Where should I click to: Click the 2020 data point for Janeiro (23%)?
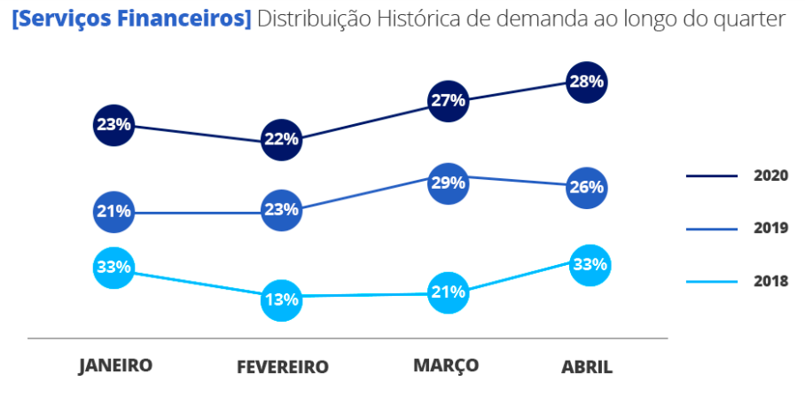(x=113, y=125)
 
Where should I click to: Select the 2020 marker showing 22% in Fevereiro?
(x=281, y=139)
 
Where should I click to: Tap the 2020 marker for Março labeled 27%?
(x=448, y=100)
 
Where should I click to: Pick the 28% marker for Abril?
(x=586, y=82)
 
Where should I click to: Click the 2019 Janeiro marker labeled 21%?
(x=113, y=211)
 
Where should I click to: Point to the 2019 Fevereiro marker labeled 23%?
(x=281, y=210)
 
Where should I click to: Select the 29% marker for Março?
(x=448, y=183)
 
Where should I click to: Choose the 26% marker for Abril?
(x=586, y=187)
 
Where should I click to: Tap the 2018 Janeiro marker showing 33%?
(x=113, y=266)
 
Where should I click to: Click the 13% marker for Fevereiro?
(x=281, y=300)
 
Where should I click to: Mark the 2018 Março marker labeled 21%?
(x=448, y=292)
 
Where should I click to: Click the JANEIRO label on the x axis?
(x=115, y=365)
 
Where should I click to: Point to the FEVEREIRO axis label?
(x=283, y=367)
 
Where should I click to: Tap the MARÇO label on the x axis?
(x=446, y=365)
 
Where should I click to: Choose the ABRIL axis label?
(x=587, y=367)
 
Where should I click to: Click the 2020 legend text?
(x=770, y=175)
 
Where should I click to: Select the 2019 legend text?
(x=770, y=229)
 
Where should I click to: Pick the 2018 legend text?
(x=770, y=282)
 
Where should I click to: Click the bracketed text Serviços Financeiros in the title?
(x=131, y=19)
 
